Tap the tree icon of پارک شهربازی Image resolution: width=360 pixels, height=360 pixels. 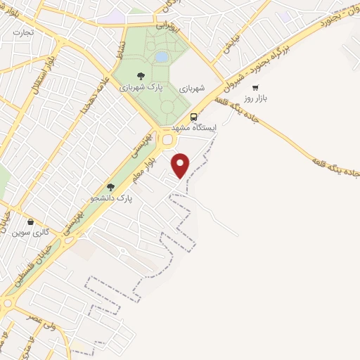coord(141,76)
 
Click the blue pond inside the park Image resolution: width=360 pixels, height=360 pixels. coord(161,56)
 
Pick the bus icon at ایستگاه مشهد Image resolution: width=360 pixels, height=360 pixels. coord(194,117)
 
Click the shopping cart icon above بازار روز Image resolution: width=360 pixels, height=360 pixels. coord(255,89)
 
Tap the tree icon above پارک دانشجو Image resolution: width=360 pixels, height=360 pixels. coord(110,186)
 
